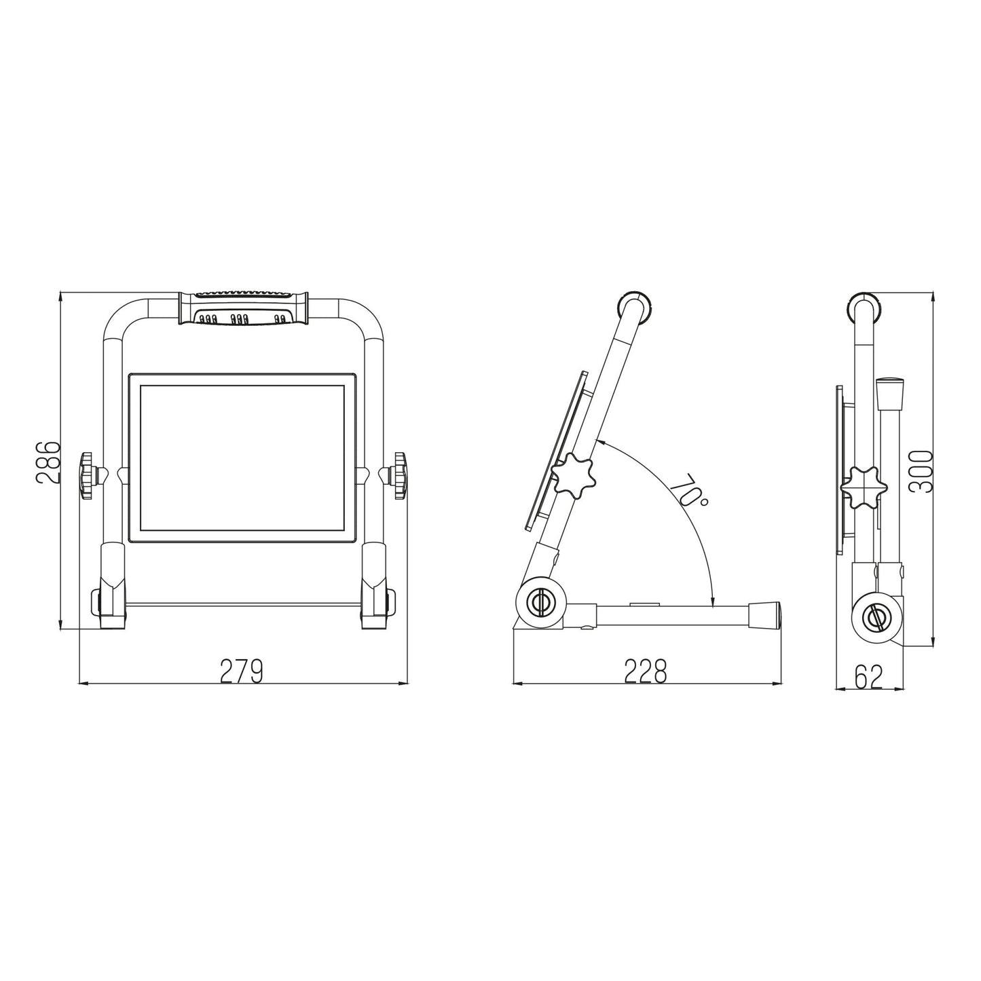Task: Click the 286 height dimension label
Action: pos(48,462)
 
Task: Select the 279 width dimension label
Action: pos(241,671)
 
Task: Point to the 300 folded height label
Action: pos(921,472)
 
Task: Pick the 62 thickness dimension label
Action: pos(869,677)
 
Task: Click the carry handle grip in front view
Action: pos(242,309)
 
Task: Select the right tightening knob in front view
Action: pos(399,476)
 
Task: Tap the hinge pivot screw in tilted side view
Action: pos(538,601)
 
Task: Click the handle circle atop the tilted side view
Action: pos(635,307)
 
